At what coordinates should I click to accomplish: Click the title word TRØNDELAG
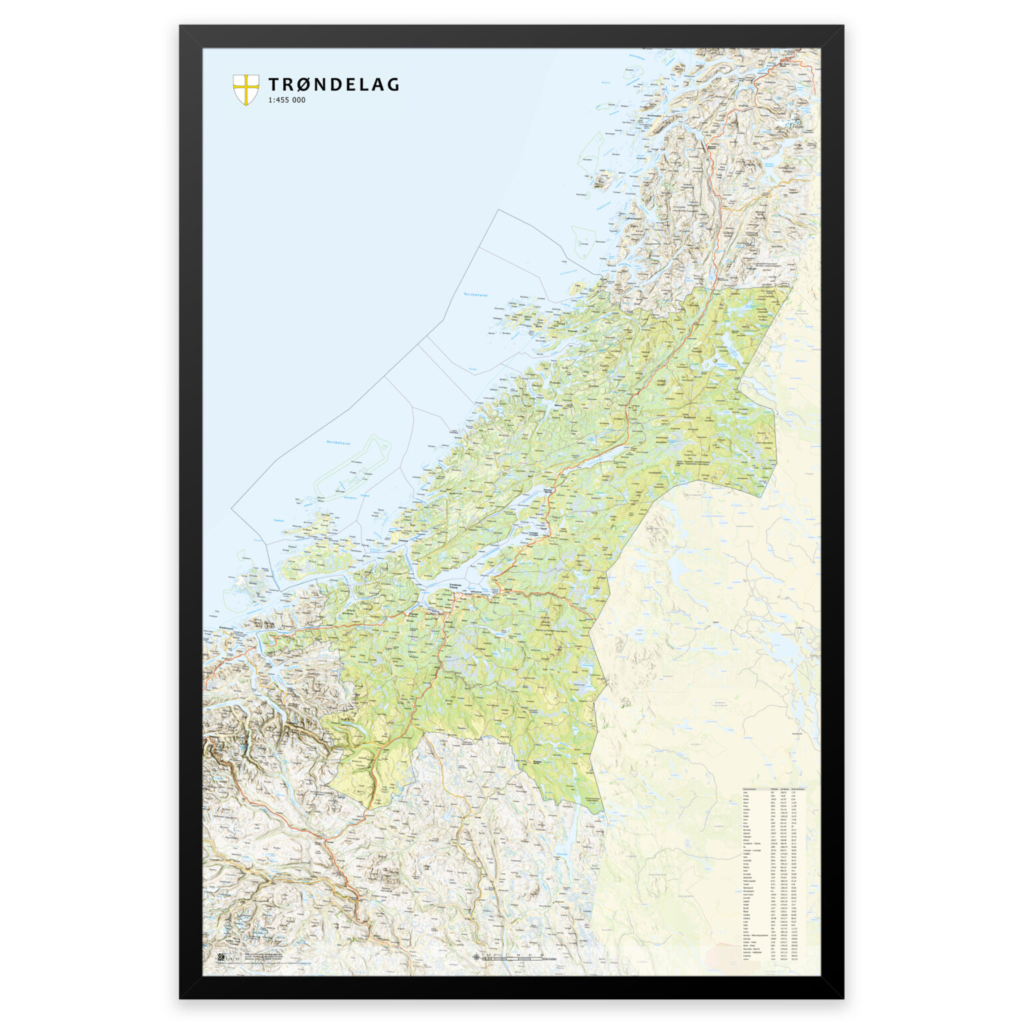[333, 85]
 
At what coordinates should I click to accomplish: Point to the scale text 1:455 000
[287, 100]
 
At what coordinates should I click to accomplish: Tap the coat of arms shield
[245, 89]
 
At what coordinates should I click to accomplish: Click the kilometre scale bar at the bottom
[513, 957]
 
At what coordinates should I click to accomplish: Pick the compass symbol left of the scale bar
[476, 957]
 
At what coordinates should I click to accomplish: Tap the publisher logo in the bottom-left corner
[221, 958]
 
